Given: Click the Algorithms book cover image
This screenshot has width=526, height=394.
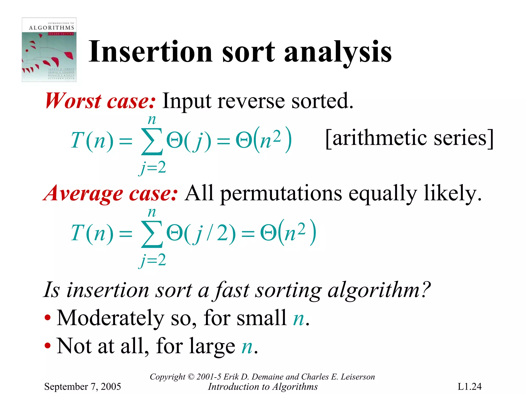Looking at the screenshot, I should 49,50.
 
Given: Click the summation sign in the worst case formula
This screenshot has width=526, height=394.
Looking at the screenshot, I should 152,142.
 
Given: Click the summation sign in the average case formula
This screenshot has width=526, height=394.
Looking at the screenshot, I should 152,234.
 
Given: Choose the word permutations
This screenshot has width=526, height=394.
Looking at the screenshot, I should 281,194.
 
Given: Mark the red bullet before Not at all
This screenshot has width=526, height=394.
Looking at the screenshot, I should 48,345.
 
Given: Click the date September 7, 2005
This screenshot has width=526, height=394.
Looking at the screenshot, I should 82,387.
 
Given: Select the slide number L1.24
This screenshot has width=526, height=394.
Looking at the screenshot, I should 469,387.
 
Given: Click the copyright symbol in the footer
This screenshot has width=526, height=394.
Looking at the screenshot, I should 191,377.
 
